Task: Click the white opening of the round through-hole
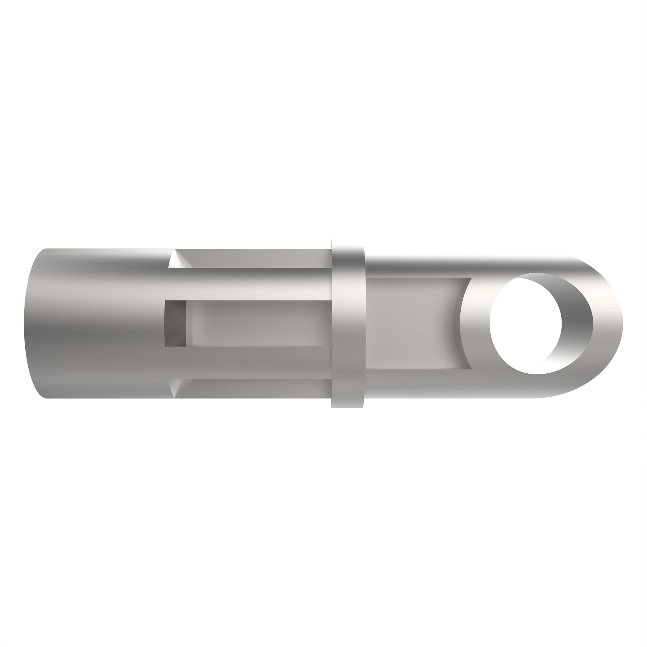[525, 323]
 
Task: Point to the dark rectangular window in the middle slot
[175, 323]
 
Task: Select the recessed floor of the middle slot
[258, 323]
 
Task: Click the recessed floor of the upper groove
[255, 258]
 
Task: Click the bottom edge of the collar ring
[347, 406]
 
